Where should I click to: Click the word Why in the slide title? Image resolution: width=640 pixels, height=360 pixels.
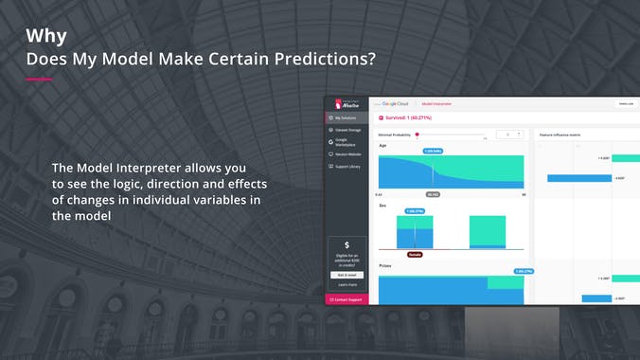pos(46,36)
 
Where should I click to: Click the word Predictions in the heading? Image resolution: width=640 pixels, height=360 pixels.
pos(325,59)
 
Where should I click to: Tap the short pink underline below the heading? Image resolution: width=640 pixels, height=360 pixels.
pos(38,80)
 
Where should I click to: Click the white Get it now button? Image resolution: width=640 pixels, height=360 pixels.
pos(347,275)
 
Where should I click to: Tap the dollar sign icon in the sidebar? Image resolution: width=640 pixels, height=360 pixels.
pos(347,245)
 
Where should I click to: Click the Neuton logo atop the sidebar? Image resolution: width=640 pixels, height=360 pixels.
pos(346,103)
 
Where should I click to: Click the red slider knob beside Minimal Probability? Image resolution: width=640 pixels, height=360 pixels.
pos(418,135)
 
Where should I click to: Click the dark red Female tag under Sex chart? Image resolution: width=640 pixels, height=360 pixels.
pos(415,254)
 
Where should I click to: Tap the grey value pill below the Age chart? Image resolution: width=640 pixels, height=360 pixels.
pos(433,194)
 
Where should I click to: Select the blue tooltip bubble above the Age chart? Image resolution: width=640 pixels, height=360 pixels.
pos(433,151)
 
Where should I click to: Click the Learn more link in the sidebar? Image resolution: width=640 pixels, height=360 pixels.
pos(347,284)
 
